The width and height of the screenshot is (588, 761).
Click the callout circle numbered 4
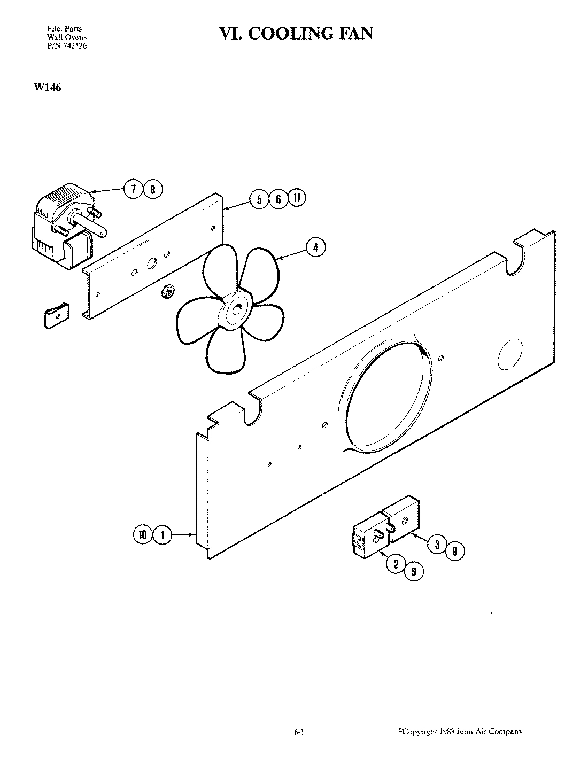(315, 247)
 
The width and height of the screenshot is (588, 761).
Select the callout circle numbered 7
(133, 189)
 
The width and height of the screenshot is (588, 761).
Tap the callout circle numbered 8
(153, 189)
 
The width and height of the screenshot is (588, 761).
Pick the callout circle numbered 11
(297, 198)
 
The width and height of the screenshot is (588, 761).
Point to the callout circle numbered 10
(143, 534)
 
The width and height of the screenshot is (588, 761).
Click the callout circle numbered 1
(163, 534)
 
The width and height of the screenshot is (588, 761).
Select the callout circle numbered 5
(259, 199)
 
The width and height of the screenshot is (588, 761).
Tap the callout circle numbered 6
(278, 199)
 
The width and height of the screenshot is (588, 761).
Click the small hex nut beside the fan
(166, 291)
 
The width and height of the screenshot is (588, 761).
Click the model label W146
(47, 87)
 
